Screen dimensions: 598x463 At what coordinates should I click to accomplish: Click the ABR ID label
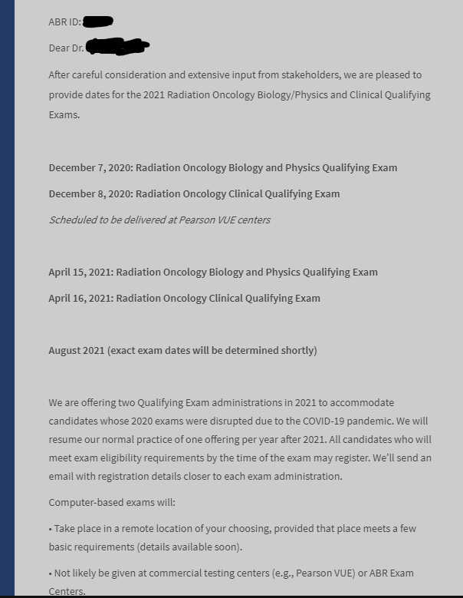point(64,21)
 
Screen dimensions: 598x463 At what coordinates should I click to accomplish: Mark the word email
point(62,477)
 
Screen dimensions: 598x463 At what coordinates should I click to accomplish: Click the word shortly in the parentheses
point(295,351)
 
